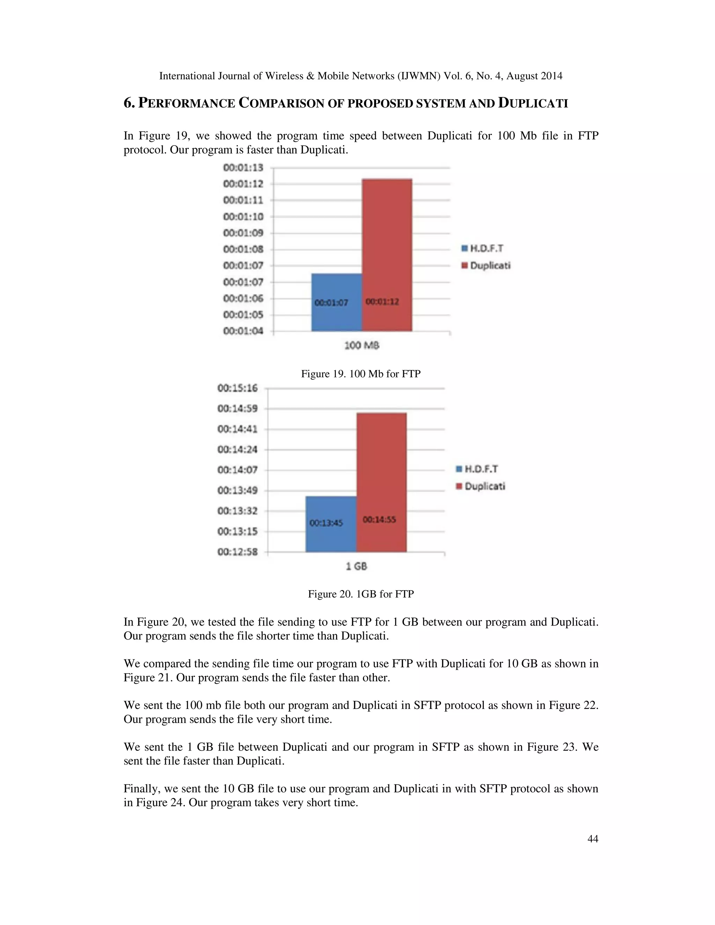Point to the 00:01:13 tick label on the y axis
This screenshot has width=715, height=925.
[x=243, y=168]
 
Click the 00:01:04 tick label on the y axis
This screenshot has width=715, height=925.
[x=243, y=331]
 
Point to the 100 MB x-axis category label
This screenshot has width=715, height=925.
[x=361, y=346]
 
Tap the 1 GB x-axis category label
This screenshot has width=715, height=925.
[x=356, y=566]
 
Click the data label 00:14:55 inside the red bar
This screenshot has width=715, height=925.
[x=379, y=519]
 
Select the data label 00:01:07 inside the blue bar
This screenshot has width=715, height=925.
[x=331, y=302]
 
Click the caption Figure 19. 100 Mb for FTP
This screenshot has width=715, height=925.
[x=360, y=373]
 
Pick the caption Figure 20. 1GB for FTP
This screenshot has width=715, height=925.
[x=360, y=594]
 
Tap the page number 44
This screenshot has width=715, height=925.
[x=592, y=838]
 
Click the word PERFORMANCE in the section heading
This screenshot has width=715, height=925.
[x=187, y=103]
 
